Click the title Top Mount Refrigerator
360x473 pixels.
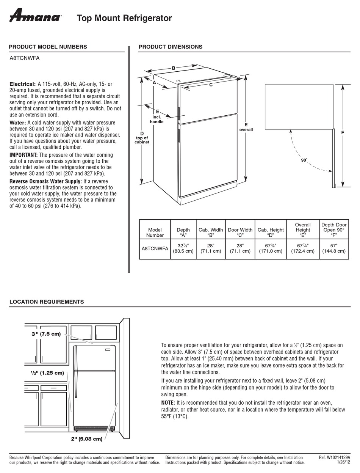pos(124,18)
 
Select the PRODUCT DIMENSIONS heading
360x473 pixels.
pos(170,47)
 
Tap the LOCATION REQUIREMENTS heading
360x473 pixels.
pos(46,302)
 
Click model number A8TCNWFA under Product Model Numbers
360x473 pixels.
pos(24,58)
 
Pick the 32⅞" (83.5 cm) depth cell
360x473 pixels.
pos(183,248)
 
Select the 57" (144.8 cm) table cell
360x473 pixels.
pos(333,248)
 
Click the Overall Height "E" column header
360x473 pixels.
pos(302,229)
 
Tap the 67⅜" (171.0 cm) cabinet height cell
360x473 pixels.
pos(271,248)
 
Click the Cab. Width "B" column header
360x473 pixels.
pos(211,232)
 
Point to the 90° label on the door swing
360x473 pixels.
pos(304,160)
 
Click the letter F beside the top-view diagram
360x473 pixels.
pos(342,133)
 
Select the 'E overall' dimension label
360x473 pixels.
pos(246,127)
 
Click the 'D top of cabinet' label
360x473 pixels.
pos(142,138)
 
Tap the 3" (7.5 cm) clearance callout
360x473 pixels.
pos(46,334)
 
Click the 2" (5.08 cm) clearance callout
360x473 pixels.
pos(86,439)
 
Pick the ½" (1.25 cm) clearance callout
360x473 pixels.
pos(47,372)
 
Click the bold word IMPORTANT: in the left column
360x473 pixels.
pos(23,155)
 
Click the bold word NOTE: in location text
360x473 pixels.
pos(168,402)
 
